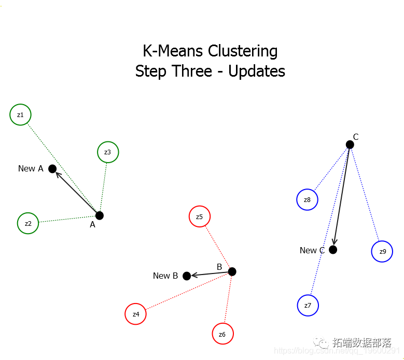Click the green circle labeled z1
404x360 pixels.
point(20,114)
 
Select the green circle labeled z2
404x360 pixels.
point(28,223)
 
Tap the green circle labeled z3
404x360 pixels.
point(108,152)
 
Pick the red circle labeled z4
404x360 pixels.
point(136,314)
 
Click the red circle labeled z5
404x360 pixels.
point(200,217)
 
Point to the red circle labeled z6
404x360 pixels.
point(222,334)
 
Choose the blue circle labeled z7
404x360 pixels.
point(308,305)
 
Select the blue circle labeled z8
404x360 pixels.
point(308,199)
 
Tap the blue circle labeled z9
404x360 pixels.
point(382,251)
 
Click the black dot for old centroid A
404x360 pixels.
point(100,215)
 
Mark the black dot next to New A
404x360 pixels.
point(52,169)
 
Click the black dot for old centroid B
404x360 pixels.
point(232,271)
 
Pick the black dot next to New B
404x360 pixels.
point(187,276)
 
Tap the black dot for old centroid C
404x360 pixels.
point(350,145)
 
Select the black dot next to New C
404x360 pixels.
point(333,250)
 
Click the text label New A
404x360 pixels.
point(31,169)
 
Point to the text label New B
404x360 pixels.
point(165,276)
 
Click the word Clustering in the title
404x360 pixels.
point(243,51)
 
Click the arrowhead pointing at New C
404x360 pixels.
point(335,241)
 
